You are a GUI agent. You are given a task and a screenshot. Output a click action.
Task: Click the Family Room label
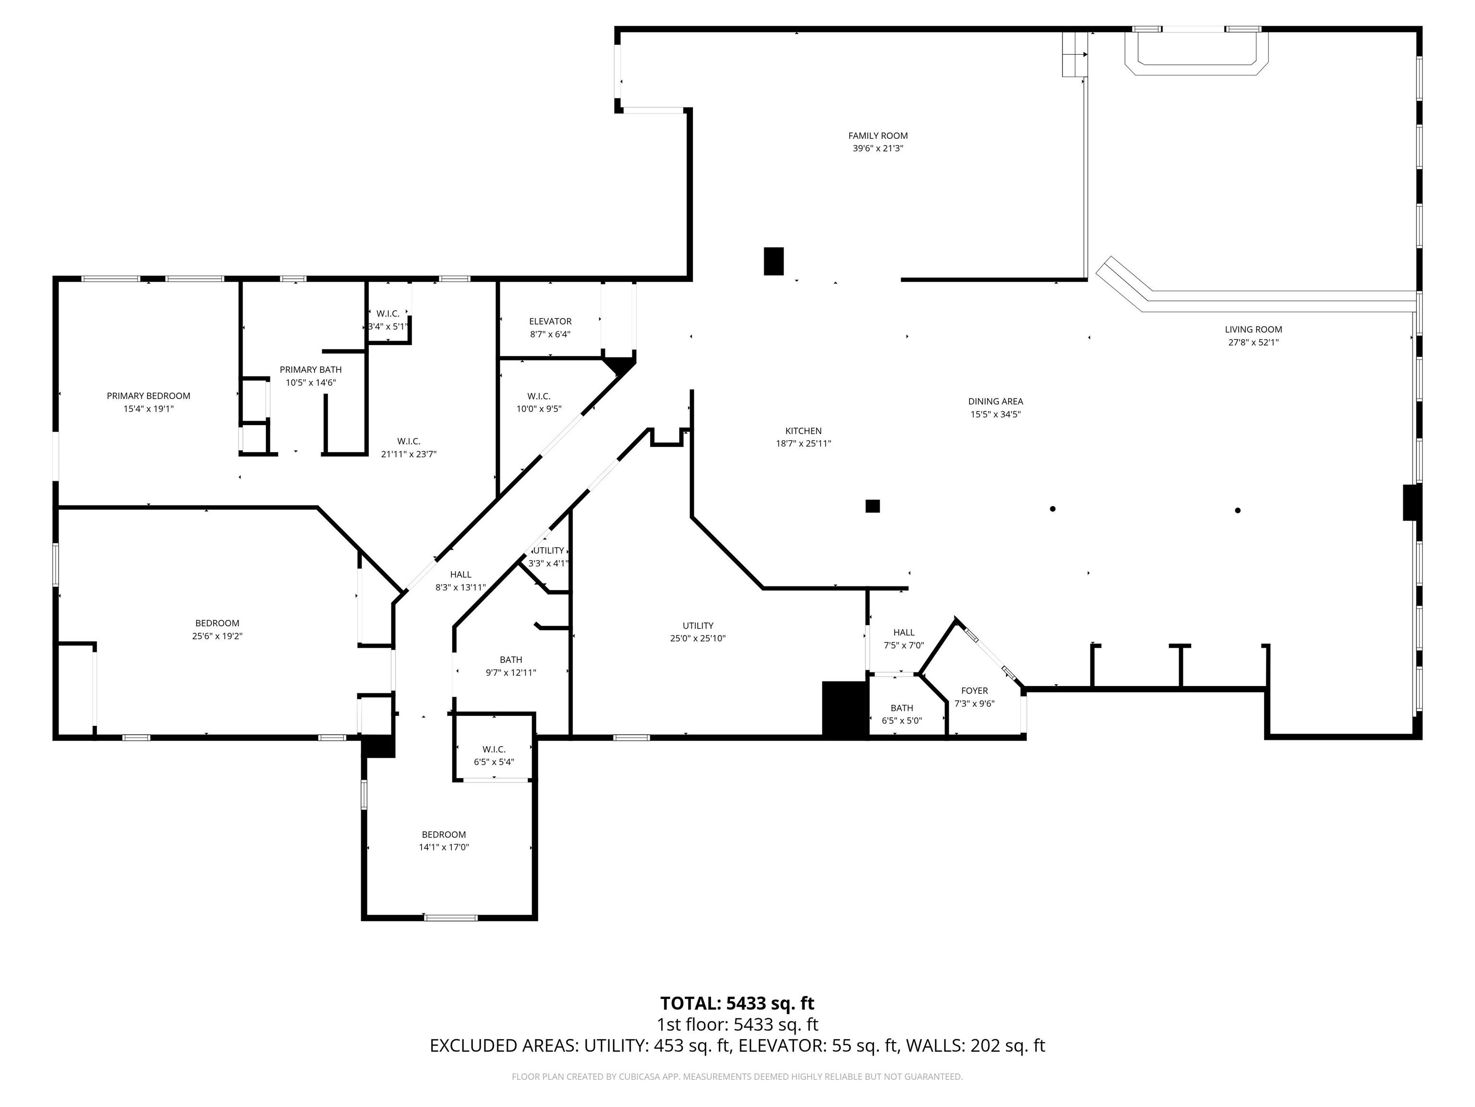878,136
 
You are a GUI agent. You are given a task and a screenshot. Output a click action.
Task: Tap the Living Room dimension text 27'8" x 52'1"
1254,342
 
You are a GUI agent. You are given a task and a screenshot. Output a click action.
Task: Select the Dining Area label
995,402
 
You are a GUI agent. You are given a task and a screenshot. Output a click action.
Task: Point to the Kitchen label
803,431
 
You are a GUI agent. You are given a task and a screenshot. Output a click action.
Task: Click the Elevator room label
550,321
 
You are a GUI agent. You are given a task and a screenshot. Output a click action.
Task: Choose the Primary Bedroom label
149,396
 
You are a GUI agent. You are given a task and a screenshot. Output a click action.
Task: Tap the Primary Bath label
311,369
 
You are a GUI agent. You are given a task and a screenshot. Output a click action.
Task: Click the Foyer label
975,690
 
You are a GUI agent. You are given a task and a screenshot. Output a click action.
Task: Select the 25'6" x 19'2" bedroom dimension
218,637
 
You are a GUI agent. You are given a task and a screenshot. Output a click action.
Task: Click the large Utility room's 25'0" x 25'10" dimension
698,639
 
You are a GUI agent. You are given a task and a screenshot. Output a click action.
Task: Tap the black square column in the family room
774,261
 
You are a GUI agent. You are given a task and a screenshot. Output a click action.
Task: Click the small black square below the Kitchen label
872,506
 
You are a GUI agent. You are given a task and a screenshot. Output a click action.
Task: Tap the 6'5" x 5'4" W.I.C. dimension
494,762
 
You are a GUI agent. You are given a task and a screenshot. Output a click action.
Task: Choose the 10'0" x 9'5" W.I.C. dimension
539,409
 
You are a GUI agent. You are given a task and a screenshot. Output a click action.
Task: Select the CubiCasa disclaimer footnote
737,1076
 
